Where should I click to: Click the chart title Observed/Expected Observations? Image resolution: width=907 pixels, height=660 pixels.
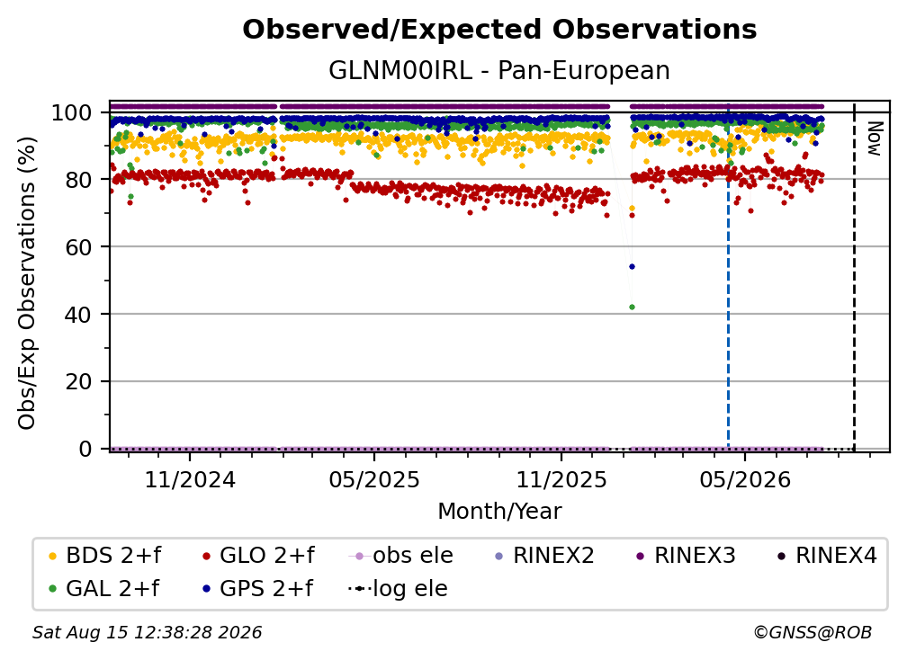coord(499,30)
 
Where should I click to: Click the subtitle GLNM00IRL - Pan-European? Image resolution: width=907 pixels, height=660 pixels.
coord(499,70)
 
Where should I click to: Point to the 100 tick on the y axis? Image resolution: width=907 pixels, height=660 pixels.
coord(72,112)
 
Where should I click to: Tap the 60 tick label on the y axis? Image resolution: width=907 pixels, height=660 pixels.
coord(78,247)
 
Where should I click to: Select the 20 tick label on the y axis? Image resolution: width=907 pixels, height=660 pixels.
coord(78,382)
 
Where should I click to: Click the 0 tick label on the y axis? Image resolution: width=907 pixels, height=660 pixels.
coord(85,449)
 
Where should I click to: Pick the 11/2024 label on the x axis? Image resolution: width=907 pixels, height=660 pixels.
coord(190,479)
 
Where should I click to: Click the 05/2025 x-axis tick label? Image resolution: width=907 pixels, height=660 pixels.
coord(374,479)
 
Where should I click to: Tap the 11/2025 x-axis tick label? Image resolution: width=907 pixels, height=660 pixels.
coord(561,479)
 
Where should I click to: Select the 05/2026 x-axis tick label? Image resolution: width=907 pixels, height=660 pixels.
coord(745,479)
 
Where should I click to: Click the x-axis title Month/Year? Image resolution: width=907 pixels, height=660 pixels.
coord(499,512)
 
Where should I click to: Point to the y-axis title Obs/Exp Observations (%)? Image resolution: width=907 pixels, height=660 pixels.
coord(27,282)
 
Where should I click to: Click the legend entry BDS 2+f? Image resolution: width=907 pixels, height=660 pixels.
coord(104,556)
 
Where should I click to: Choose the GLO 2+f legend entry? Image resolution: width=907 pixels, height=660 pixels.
coord(258,556)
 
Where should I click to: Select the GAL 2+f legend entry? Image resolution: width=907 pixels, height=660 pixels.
coord(103,589)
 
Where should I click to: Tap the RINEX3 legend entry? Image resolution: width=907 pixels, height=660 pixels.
coord(686,556)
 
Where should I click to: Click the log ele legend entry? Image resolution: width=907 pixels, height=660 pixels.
coord(398,589)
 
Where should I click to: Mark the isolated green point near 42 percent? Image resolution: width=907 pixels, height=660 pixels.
coord(633,308)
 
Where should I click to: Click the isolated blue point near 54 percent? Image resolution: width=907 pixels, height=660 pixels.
coord(633,267)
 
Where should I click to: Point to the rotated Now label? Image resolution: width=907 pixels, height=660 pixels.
coord(874,138)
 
